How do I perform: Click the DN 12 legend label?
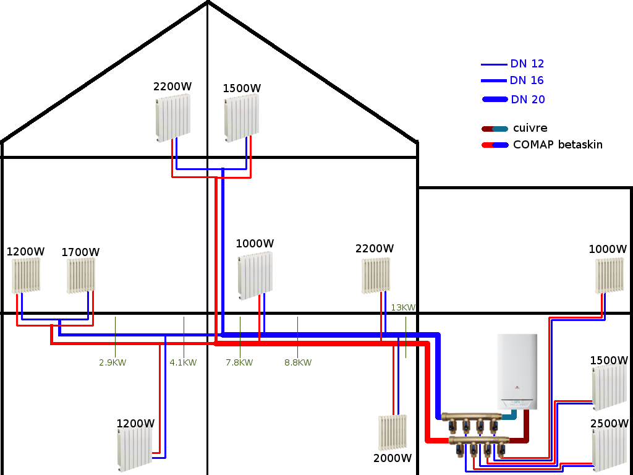coord(527,64)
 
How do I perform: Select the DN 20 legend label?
coord(527,100)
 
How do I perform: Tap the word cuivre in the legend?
coord(530,129)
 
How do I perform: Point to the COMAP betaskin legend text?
coord(557,145)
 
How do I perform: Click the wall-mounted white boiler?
coord(517,371)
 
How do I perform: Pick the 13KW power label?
coord(403,307)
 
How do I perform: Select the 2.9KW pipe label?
coord(113,362)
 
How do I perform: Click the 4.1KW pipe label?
coord(183,362)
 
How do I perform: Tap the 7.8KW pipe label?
coord(239,362)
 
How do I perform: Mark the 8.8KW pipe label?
coord(298,362)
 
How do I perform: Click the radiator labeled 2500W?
coord(611,449)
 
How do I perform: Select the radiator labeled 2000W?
coord(393,432)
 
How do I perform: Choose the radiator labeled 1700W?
coord(82,275)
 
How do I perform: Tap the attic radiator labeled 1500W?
coord(242,118)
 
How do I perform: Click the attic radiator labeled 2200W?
coord(172,117)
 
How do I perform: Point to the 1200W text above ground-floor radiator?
coord(135,424)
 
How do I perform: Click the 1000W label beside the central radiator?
coord(255,244)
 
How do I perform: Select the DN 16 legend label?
coord(527,80)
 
